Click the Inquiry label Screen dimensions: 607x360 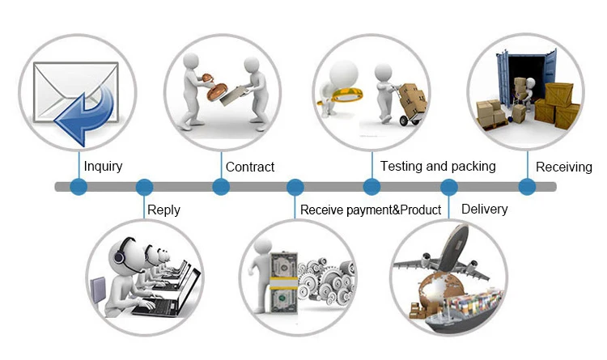coord(103,167)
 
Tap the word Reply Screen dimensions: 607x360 coord(163,210)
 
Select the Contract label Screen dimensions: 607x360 coord(249,167)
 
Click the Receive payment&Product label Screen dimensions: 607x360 coord(371,210)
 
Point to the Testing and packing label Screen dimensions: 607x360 coord(437,166)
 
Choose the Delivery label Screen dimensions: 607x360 coord(484,209)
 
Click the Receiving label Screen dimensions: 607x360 coord(564,167)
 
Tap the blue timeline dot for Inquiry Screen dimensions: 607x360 coord(79,187)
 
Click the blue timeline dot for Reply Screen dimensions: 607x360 coord(145,187)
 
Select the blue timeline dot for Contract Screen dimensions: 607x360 coord(221,187)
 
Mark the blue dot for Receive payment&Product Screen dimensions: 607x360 coord(296,187)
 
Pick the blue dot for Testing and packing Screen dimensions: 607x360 coord(371,187)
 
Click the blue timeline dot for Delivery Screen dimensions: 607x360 coord(449,187)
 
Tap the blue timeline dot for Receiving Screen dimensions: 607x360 coord(527,187)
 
